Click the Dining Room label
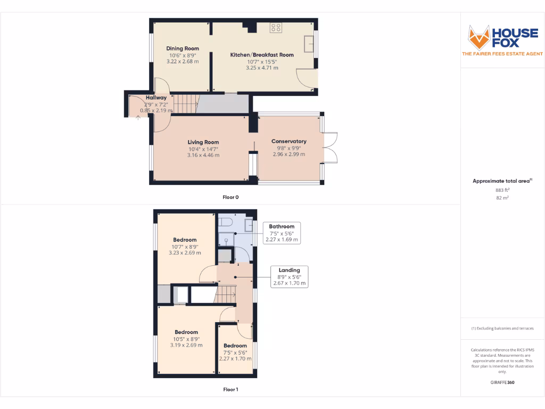pos(183,48)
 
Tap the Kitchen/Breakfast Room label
pos(262,55)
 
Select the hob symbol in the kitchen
pos(276,28)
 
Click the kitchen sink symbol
pos(308,44)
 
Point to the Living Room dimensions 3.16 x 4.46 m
pos(203,155)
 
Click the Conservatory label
pos(289,141)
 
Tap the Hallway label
pos(156,97)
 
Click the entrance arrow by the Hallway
pos(138,117)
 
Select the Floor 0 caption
pos(230,197)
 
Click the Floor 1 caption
pos(230,389)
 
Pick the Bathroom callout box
pos(282,233)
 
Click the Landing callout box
pos(289,277)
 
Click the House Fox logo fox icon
pos(478,37)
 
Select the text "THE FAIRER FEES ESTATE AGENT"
pos(502,54)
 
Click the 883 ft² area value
pos(502,190)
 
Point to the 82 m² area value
pos(502,198)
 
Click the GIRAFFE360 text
pos(502,382)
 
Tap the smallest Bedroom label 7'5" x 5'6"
pos(236,346)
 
